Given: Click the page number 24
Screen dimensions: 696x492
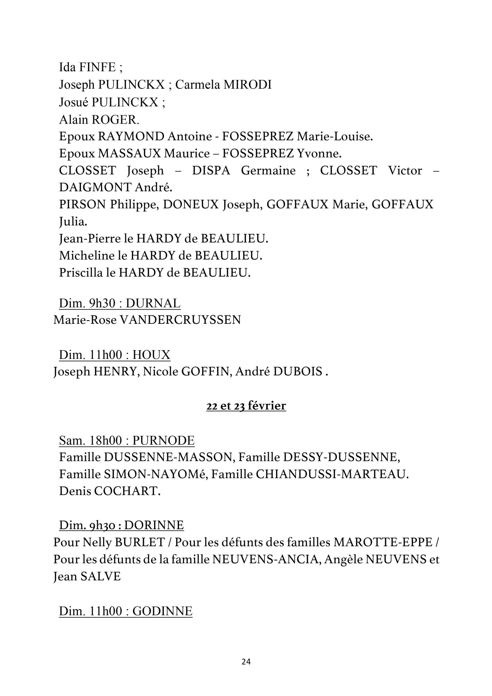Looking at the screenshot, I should pyautogui.click(x=246, y=662).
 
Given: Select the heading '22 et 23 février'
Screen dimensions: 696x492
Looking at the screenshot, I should pyautogui.click(x=246, y=406).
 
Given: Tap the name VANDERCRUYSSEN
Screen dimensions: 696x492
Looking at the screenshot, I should pyautogui.click(x=181, y=320).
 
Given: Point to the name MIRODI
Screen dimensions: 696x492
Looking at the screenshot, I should pyautogui.click(x=247, y=85).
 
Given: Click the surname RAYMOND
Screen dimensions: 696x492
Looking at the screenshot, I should pyautogui.click(x=131, y=137).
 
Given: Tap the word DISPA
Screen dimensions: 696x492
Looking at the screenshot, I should pyautogui.click(x=211, y=171).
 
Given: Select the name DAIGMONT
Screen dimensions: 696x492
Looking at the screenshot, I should pyautogui.click(x=95, y=188).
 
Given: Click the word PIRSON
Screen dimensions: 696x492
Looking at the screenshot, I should pyautogui.click(x=82, y=205).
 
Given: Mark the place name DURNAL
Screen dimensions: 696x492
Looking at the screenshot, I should pyautogui.click(x=153, y=303).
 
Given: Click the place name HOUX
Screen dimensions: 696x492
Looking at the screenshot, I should pyautogui.click(x=152, y=355).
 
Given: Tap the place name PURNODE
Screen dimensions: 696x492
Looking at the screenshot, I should pyautogui.click(x=164, y=441).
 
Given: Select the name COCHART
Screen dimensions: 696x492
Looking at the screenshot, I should pyautogui.click(x=127, y=491).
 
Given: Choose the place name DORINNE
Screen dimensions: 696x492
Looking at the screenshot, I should pyautogui.click(x=154, y=525).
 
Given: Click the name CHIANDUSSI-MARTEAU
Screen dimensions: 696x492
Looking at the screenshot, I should pyautogui.click(x=332, y=474).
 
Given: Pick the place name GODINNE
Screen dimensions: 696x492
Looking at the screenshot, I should pyautogui.click(x=162, y=611).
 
